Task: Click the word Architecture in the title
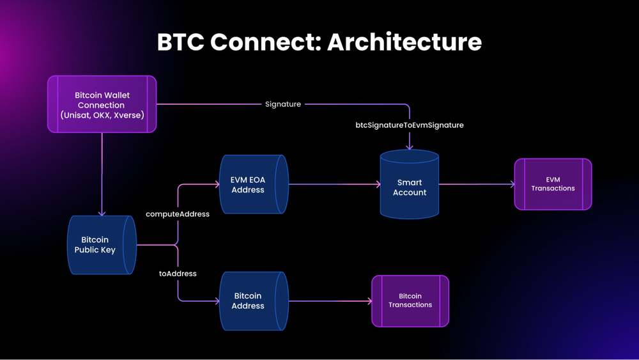point(404,42)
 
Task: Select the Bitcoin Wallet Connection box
point(102,104)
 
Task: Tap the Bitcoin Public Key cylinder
point(101,245)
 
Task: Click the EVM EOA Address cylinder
point(253,185)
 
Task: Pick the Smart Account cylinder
point(409,185)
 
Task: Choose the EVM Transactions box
point(553,184)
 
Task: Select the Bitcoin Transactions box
point(410,301)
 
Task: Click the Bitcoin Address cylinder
point(253,301)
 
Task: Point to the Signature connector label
point(283,104)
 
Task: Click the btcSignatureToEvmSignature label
point(410,125)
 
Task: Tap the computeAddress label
point(178,214)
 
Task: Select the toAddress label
point(178,274)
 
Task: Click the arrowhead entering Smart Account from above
point(410,147)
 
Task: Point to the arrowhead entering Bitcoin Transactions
point(369,301)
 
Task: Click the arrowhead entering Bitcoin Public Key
point(102,213)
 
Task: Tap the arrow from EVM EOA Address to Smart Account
point(332,184)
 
